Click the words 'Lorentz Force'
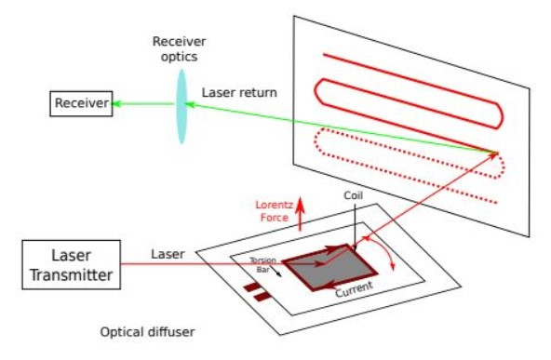[x=274, y=211]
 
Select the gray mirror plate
[x=319, y=267]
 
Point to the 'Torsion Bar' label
[x=262, y=263]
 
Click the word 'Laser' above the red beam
[x=168, y=254]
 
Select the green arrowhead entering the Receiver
[x=118, y=103]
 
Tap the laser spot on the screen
[x=496, y=153]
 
